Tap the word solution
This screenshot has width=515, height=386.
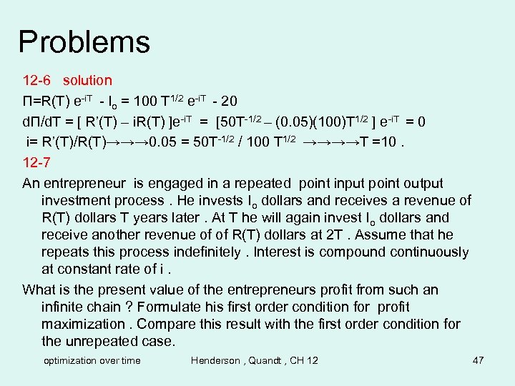tap(87, 81)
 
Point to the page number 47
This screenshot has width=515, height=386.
tap(479, 360)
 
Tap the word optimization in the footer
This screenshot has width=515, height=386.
tap(72, 360)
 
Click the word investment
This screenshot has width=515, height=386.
tap(78, 201)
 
